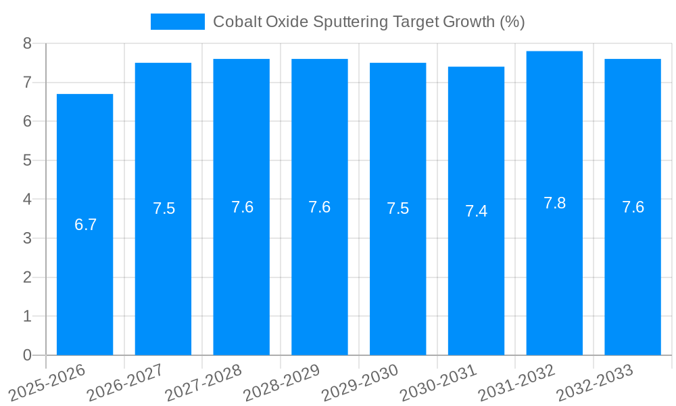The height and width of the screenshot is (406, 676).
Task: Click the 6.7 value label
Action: click(85, 225)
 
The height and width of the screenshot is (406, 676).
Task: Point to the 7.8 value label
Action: click(554, 203)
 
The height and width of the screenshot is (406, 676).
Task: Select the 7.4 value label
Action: click(476, 211)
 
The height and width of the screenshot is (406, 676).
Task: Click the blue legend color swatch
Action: click(177, 22)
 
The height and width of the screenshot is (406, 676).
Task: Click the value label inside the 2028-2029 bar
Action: click(319, 207)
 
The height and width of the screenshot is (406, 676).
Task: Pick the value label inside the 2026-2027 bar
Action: click(164, 208)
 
